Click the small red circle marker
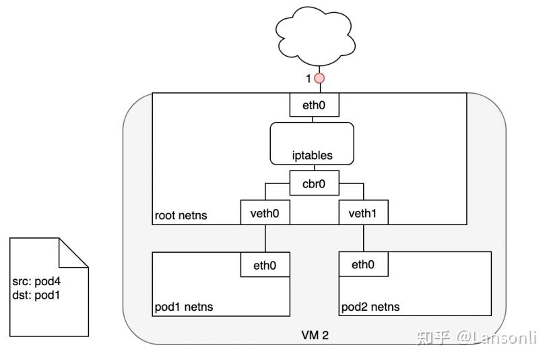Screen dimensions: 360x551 pos(320,78)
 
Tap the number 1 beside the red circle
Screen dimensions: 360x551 pos(309,79)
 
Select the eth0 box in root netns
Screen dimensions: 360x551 pos(314,106)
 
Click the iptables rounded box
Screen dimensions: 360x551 pos(311,143)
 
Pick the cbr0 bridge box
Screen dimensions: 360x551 pos(314,183)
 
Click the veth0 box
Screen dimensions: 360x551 pos(265,214)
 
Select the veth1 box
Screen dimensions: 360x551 pos(364,214)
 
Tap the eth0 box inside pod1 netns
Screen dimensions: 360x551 pos(265,265)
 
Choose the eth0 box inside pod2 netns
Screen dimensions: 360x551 pos(363,264)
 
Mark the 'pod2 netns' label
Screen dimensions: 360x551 pos(370,307)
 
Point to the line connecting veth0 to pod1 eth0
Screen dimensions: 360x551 pos(265,239)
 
